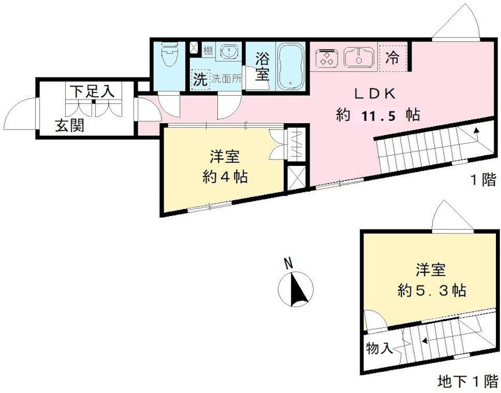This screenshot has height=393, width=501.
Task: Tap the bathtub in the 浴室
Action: tap(290, 66)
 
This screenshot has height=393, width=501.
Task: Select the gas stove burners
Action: tap(326, 58)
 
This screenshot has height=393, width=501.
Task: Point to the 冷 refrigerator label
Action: tap(393, 59)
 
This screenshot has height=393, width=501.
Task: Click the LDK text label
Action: tap(374, 94)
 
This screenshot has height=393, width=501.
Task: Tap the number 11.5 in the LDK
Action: tap(379, 115)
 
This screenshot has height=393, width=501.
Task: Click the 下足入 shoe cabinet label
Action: tap(91, 91)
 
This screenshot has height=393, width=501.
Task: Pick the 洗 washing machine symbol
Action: tap(199, 79)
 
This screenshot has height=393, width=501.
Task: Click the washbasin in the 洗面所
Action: tap(228, 53)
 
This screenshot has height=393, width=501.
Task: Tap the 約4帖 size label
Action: tap(224, 176)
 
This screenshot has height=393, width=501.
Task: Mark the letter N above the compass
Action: tap(287, 263)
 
